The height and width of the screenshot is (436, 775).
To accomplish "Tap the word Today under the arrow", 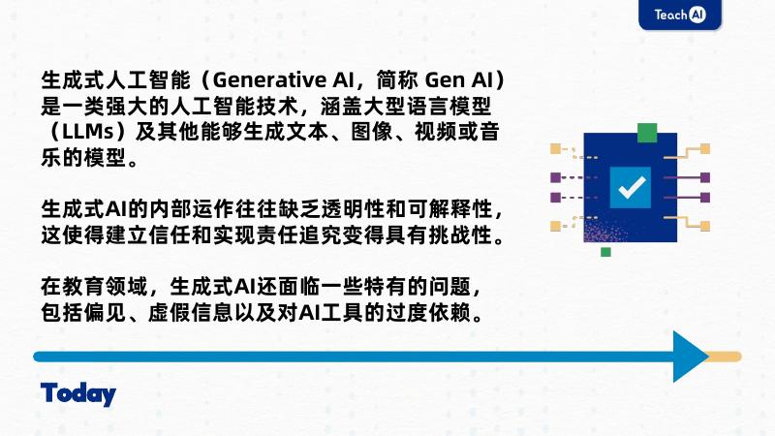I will pos(78,394).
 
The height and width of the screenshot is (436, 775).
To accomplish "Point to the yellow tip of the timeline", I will pos(724,357).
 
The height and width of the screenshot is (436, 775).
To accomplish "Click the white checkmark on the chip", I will pos(632,187).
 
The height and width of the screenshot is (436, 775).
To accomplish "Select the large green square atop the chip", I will pos(647,131).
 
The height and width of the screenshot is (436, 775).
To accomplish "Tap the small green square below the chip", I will pos(606,252).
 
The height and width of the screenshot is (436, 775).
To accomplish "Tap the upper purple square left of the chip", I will pos(555,178).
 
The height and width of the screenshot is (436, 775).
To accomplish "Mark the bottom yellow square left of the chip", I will pos(555,226).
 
